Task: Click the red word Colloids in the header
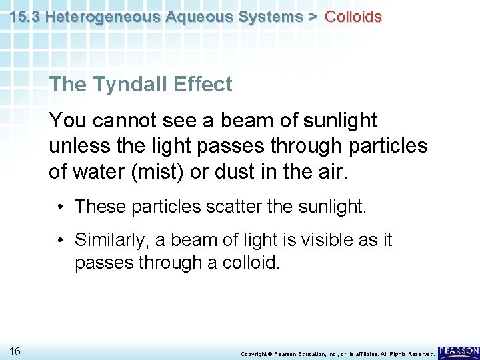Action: point(353,17)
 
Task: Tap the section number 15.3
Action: point(25,17)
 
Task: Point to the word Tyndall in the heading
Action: point(126,85)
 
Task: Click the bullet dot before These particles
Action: point(61,207)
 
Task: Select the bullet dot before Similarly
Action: point(61,240)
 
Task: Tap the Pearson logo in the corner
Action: point(458,351)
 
